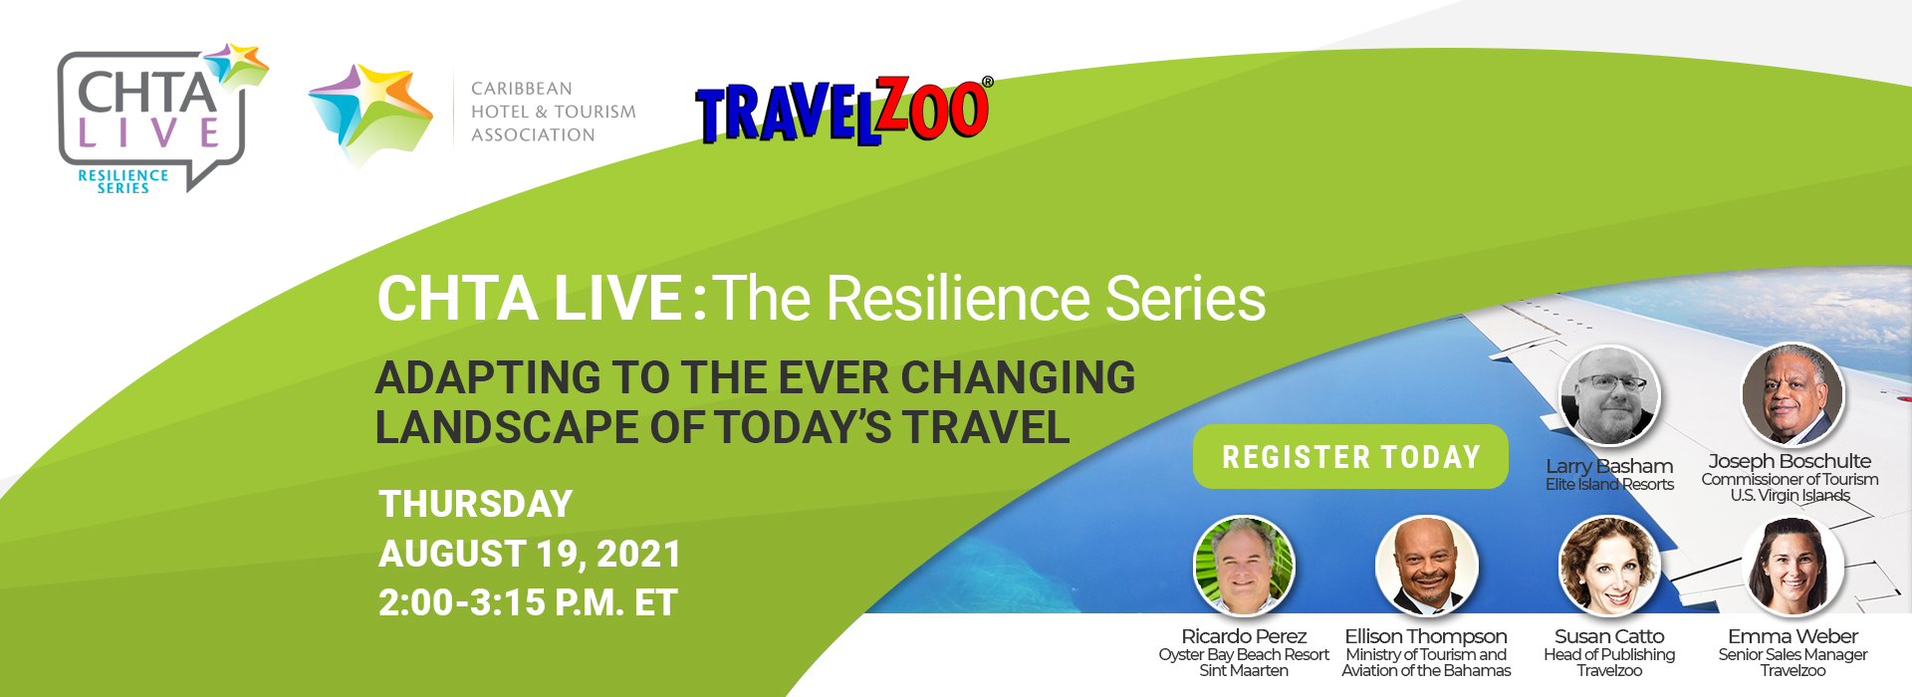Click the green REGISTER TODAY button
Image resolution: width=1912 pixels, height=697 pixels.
pos(1350,457)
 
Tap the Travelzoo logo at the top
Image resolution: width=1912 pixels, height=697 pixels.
pos(842,111)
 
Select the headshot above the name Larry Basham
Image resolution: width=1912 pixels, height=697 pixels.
pos(1609,396)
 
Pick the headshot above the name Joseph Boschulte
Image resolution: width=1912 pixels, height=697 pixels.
pos(1792,394)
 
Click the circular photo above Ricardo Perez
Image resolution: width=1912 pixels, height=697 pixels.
pos(1244,567)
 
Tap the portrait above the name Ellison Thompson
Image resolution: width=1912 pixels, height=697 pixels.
pos(1426,567)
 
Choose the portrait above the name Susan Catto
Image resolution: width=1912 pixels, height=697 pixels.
pos(1609,567)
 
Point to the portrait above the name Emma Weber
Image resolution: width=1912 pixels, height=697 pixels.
pos(1792,567)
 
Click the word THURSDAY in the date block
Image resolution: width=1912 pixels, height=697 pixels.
pos(476,504)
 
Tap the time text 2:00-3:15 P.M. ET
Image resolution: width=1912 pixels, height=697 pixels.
pos(528,602)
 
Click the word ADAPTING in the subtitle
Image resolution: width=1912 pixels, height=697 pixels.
pos(488,378)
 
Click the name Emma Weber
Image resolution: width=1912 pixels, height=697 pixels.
pos(1792,636)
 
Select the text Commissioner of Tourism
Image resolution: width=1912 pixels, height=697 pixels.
pos(1790,479)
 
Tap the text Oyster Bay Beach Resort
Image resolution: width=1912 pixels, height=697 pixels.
pos(1244,654)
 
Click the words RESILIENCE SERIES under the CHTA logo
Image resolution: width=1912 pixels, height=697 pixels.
pos(123,181)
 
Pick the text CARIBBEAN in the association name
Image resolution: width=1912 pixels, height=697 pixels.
pos(522,89)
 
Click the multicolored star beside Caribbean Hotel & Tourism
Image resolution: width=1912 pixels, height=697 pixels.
pos(369,115)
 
